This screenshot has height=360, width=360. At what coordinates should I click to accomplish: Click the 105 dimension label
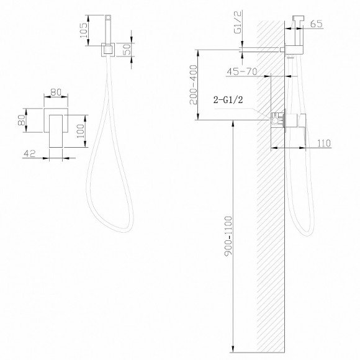coord(84,30)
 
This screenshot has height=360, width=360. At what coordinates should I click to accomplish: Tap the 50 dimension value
coord(127,50)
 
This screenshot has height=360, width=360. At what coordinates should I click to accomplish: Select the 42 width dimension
coord(30,153)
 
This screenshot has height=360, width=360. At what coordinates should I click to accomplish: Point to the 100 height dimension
coord(81,131)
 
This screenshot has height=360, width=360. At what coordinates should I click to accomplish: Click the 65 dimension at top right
coord(316,24)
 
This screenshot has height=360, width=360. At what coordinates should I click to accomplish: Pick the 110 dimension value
coord(324,143)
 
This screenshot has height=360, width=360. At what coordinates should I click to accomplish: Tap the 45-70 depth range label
coord(242,71)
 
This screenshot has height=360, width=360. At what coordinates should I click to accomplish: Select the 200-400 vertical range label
coord(194,84)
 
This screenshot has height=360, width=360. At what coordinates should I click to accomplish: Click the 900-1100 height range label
coord(228,236)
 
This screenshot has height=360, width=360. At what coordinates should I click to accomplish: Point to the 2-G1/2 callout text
coord(228,100)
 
